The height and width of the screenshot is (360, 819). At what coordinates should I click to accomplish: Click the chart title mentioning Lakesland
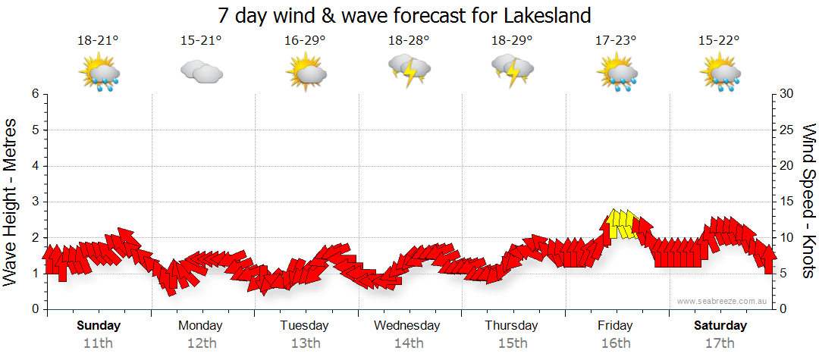coord(403,15)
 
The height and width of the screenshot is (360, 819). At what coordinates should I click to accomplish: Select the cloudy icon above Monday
coord(201,72)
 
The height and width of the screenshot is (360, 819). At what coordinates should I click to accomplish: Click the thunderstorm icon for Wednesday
coord(409,70)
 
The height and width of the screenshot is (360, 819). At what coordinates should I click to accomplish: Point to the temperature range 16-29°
coord(305,41)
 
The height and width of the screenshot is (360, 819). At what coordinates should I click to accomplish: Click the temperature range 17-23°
coord(616,41)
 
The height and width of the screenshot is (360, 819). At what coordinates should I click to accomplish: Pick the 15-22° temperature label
coord(719,41)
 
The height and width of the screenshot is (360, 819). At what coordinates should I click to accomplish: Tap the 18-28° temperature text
coord(409,41)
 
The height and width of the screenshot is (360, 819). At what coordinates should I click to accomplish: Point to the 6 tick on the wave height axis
coord(35,94)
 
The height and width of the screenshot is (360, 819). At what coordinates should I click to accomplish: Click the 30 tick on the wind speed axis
coord(787,94)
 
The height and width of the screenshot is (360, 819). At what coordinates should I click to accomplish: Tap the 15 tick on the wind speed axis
coord(787,202)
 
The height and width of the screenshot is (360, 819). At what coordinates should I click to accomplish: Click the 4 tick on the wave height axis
coord(35,166)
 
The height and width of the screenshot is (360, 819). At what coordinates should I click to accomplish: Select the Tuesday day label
coord(304,326)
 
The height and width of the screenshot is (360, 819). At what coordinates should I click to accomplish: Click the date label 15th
coord(512,343)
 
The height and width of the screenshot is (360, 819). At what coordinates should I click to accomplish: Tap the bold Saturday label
coord(720,326)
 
